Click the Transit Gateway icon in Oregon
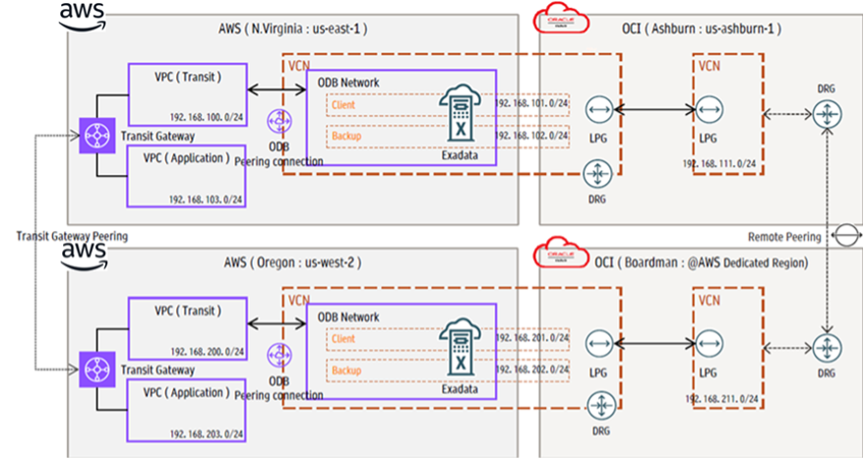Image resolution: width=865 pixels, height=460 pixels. point(95,369)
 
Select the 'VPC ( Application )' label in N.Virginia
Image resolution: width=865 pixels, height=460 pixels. point(188,158)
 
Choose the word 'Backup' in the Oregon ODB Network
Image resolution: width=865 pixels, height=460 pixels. point(345,372)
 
